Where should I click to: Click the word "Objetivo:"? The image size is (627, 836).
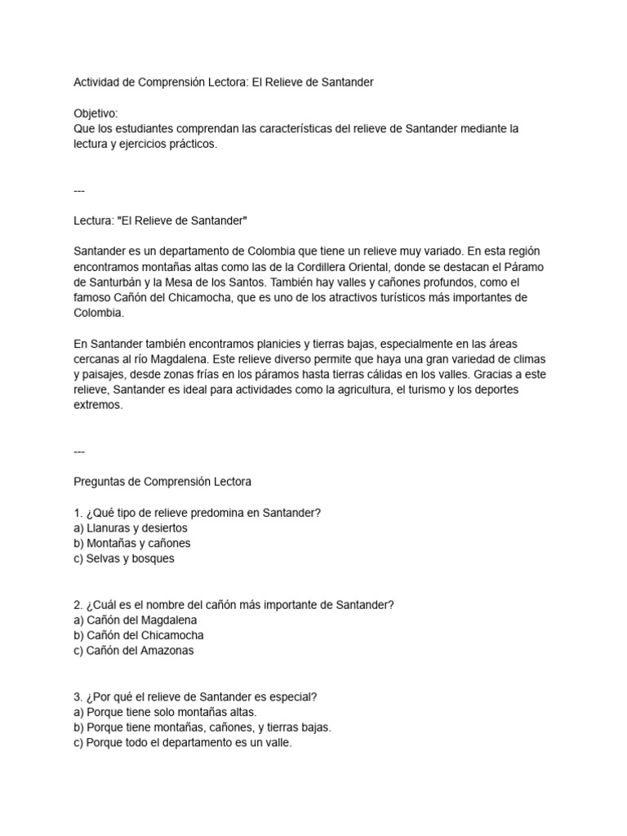click(96, 113)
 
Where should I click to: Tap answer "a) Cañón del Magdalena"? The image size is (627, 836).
click(135, 620)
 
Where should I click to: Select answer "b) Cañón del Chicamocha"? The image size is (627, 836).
click(138, 636)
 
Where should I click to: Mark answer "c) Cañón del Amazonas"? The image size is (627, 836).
click(133, 651)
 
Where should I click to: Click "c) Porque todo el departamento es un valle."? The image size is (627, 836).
click(182, 744)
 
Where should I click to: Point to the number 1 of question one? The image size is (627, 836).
click(77, 513)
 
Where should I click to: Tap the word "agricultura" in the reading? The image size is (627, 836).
click(356, 389)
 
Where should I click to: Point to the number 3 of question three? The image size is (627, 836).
click(77, 697)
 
